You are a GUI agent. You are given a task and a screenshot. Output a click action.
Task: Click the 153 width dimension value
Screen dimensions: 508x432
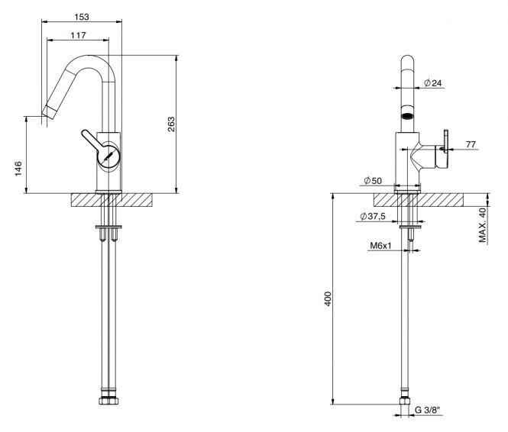(82, 17)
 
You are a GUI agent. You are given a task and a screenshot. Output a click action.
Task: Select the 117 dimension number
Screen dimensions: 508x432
(79, 35)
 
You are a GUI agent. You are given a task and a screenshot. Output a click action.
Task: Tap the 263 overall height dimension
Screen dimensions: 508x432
(171, 124)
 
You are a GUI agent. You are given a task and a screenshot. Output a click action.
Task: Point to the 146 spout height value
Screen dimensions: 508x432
(18, 169)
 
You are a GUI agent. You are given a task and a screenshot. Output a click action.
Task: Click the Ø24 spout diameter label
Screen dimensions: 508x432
(433, 83)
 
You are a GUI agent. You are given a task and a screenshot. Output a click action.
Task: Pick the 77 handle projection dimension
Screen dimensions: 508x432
(471, 144)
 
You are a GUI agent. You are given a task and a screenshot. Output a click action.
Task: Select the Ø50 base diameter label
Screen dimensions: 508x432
(373, 181)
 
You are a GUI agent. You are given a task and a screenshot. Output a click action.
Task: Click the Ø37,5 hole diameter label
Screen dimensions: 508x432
(373, 216)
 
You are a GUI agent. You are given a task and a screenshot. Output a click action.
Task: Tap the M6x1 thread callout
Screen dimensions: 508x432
(380, 246)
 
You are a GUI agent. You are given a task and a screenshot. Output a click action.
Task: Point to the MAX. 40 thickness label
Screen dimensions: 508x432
(483, 225)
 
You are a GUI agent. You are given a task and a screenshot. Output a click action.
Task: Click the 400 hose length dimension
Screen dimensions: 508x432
(328, 299)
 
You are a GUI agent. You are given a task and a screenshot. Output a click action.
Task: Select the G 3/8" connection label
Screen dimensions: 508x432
(428, 411)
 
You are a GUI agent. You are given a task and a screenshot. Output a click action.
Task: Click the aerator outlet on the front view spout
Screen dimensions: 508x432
(408, 116)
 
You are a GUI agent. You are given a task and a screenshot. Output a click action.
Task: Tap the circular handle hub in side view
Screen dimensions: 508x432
(108, 156)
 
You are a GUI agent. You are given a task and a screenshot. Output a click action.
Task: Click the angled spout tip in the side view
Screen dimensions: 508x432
(49, 112)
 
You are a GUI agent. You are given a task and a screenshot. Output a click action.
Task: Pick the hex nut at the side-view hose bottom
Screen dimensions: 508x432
(108, 400)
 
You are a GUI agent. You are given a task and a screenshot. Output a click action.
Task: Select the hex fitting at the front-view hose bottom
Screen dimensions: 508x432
(405, 401)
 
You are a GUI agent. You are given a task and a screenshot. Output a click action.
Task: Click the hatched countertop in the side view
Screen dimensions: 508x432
(112, 200)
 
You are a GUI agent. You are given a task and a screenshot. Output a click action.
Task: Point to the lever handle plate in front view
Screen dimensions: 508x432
(446, 141)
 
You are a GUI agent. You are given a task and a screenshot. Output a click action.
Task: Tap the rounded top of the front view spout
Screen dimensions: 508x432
(408, 60)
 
